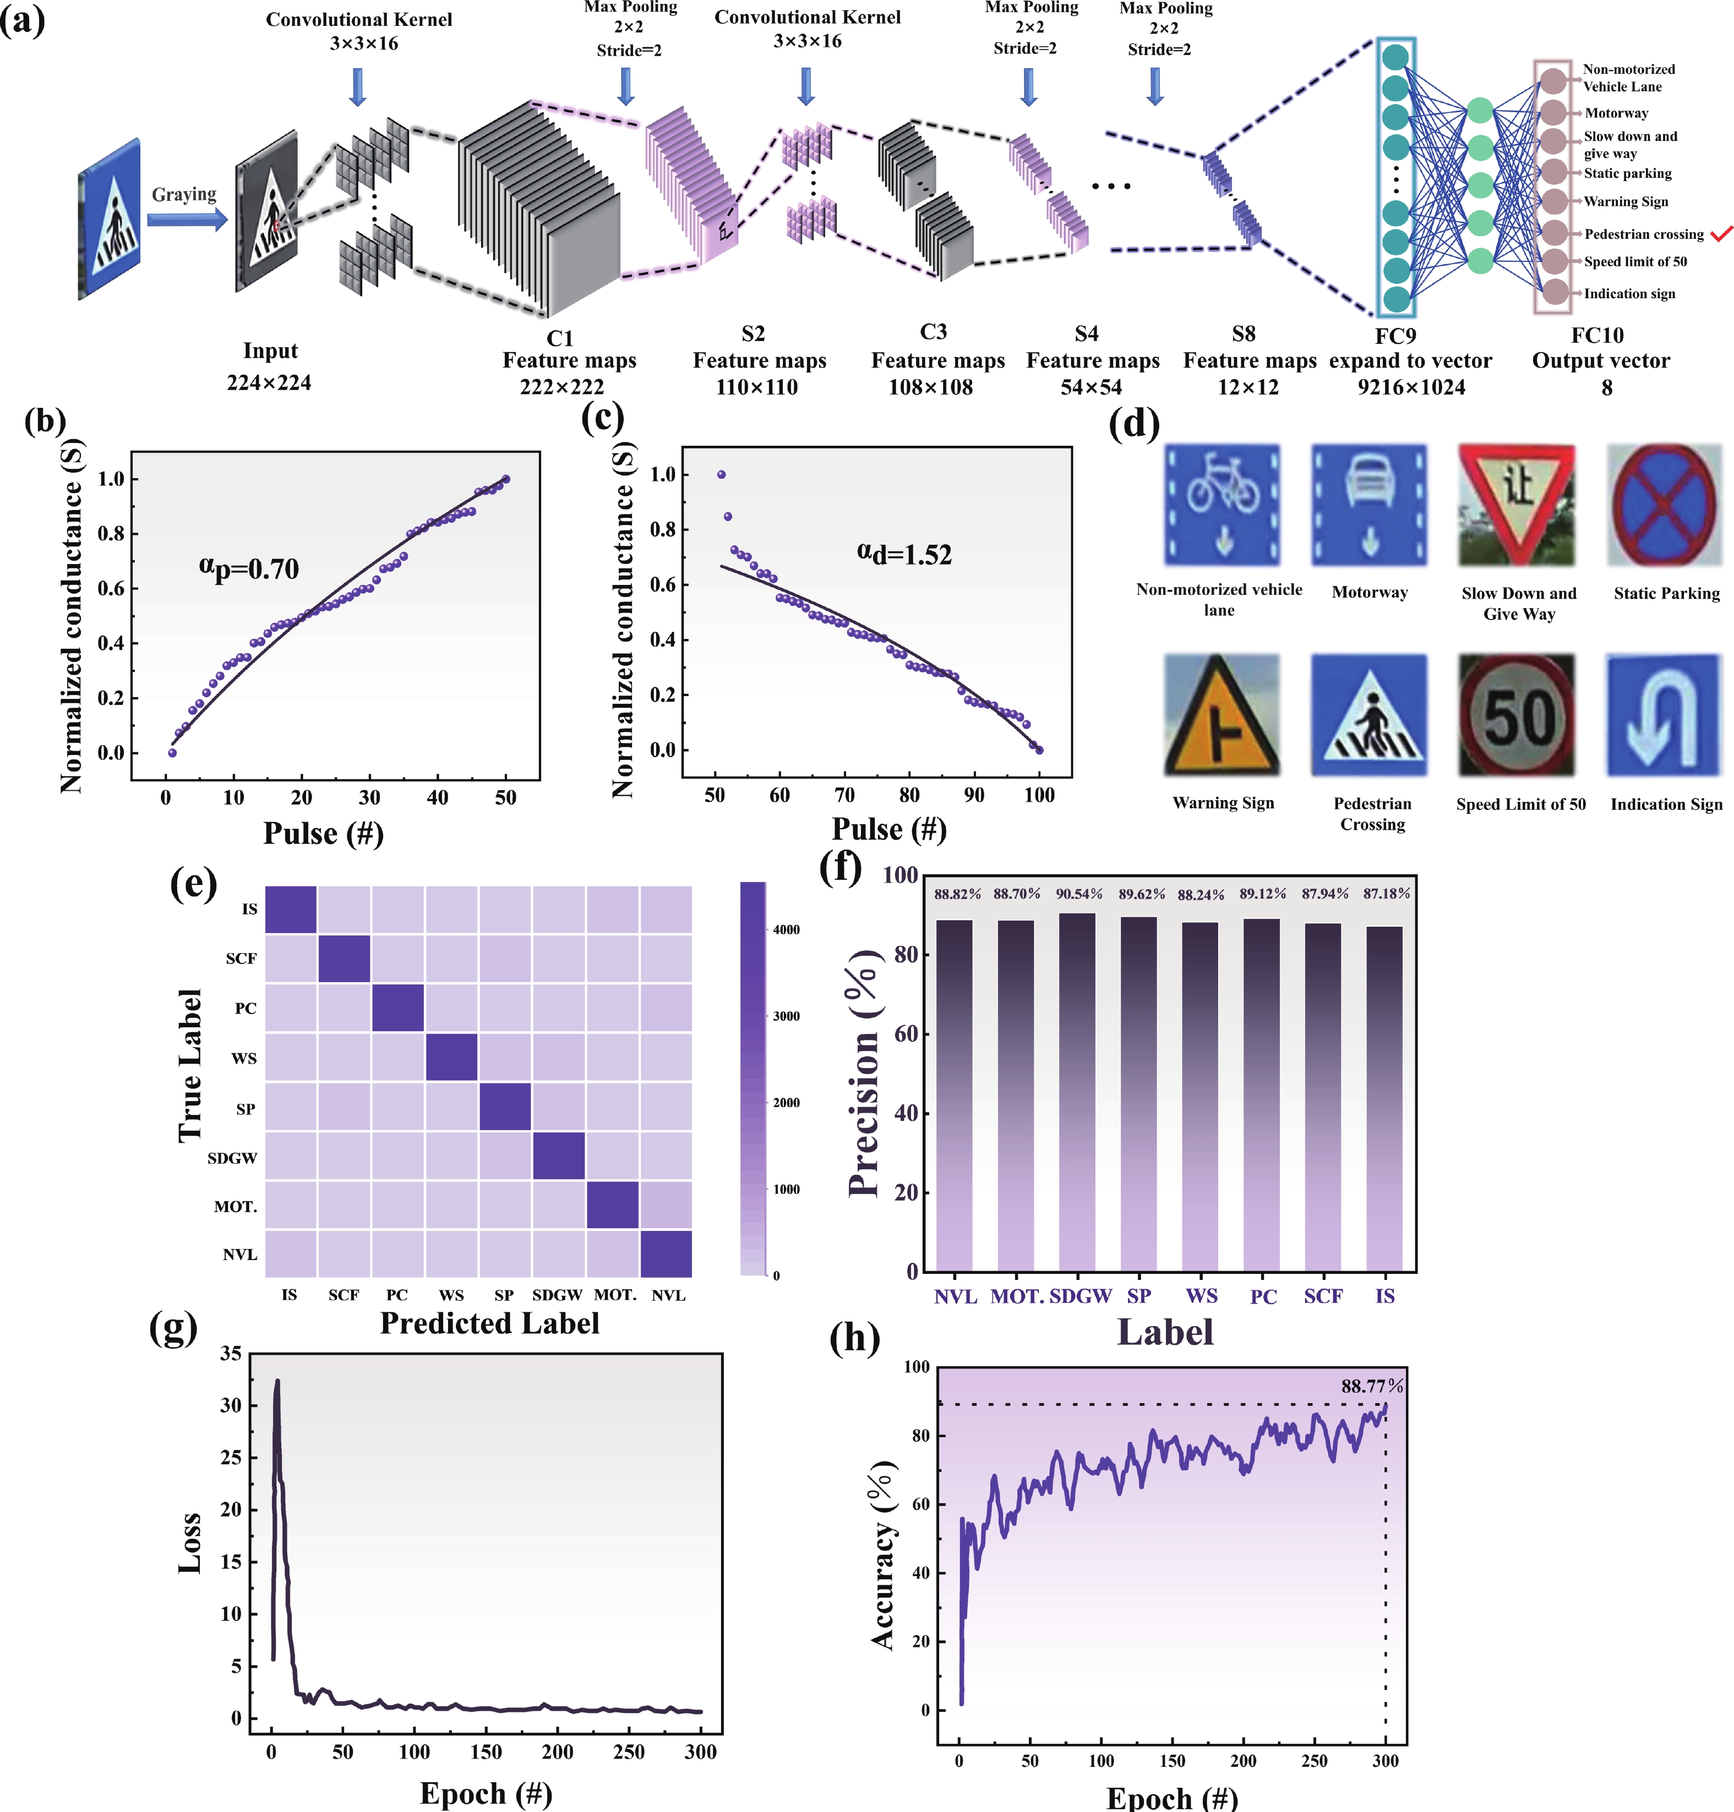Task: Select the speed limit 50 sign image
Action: click(1516, 715)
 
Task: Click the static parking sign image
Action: click(1664, 506)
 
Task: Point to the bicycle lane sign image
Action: click(1222, 506)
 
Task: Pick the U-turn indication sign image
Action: click(1664, 715)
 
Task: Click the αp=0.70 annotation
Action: click(249, 567)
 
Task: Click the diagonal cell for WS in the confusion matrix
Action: click(451, 1057)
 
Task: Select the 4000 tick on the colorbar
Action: click(786, 929)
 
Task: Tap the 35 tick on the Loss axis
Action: click(231, 1354)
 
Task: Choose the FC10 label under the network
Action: click(1596, 336)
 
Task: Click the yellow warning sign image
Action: click(1222, 715)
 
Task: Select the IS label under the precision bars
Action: click(1384, 1296)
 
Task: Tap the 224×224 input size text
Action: click(269, 382)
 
